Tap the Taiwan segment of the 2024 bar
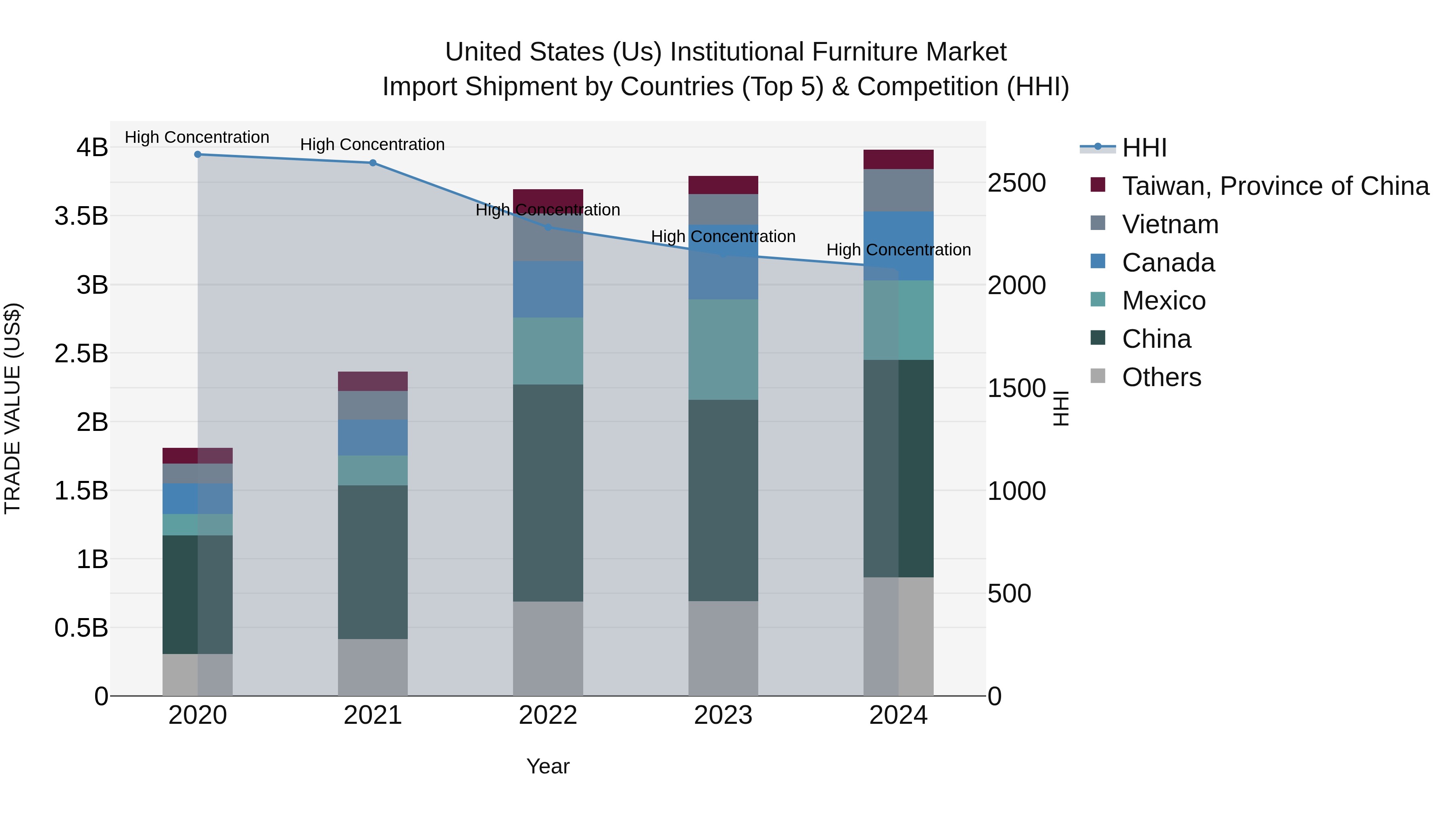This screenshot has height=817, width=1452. (899, 159)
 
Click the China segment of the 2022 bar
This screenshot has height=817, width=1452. (548, 493)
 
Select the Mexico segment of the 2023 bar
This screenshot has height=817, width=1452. (723, 349)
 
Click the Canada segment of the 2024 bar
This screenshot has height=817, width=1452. (899, 246)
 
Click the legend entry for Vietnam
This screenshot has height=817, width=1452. (1170, 224)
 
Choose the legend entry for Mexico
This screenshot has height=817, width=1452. (1163, 301)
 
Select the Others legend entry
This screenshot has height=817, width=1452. (1161, 377)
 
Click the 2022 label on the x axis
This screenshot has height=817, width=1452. (548, 715)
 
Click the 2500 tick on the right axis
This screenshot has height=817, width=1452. (1016, 183)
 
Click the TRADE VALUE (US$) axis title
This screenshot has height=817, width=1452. (13, 408)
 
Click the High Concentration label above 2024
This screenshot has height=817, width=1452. (899, 250)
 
